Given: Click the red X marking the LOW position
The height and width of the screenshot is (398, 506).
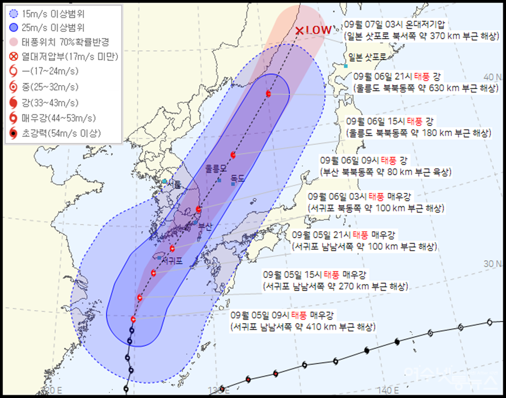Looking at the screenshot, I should [x=300, y=31].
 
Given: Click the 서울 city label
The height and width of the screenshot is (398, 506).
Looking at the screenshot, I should [x=175, y=185].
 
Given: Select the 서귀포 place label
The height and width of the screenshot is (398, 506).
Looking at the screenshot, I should [x=172, y=262].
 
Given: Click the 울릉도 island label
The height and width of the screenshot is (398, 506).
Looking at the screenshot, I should [x=215, y=170].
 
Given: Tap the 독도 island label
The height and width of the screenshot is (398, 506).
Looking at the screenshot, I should [x=237, y=178].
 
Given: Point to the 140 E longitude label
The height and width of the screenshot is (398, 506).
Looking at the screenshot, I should [x=390, y=390].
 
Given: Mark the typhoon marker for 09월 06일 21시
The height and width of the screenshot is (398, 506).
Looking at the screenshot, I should [x=268, y=94].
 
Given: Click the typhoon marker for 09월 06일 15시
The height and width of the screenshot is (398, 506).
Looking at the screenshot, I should [x=233, y=155].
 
